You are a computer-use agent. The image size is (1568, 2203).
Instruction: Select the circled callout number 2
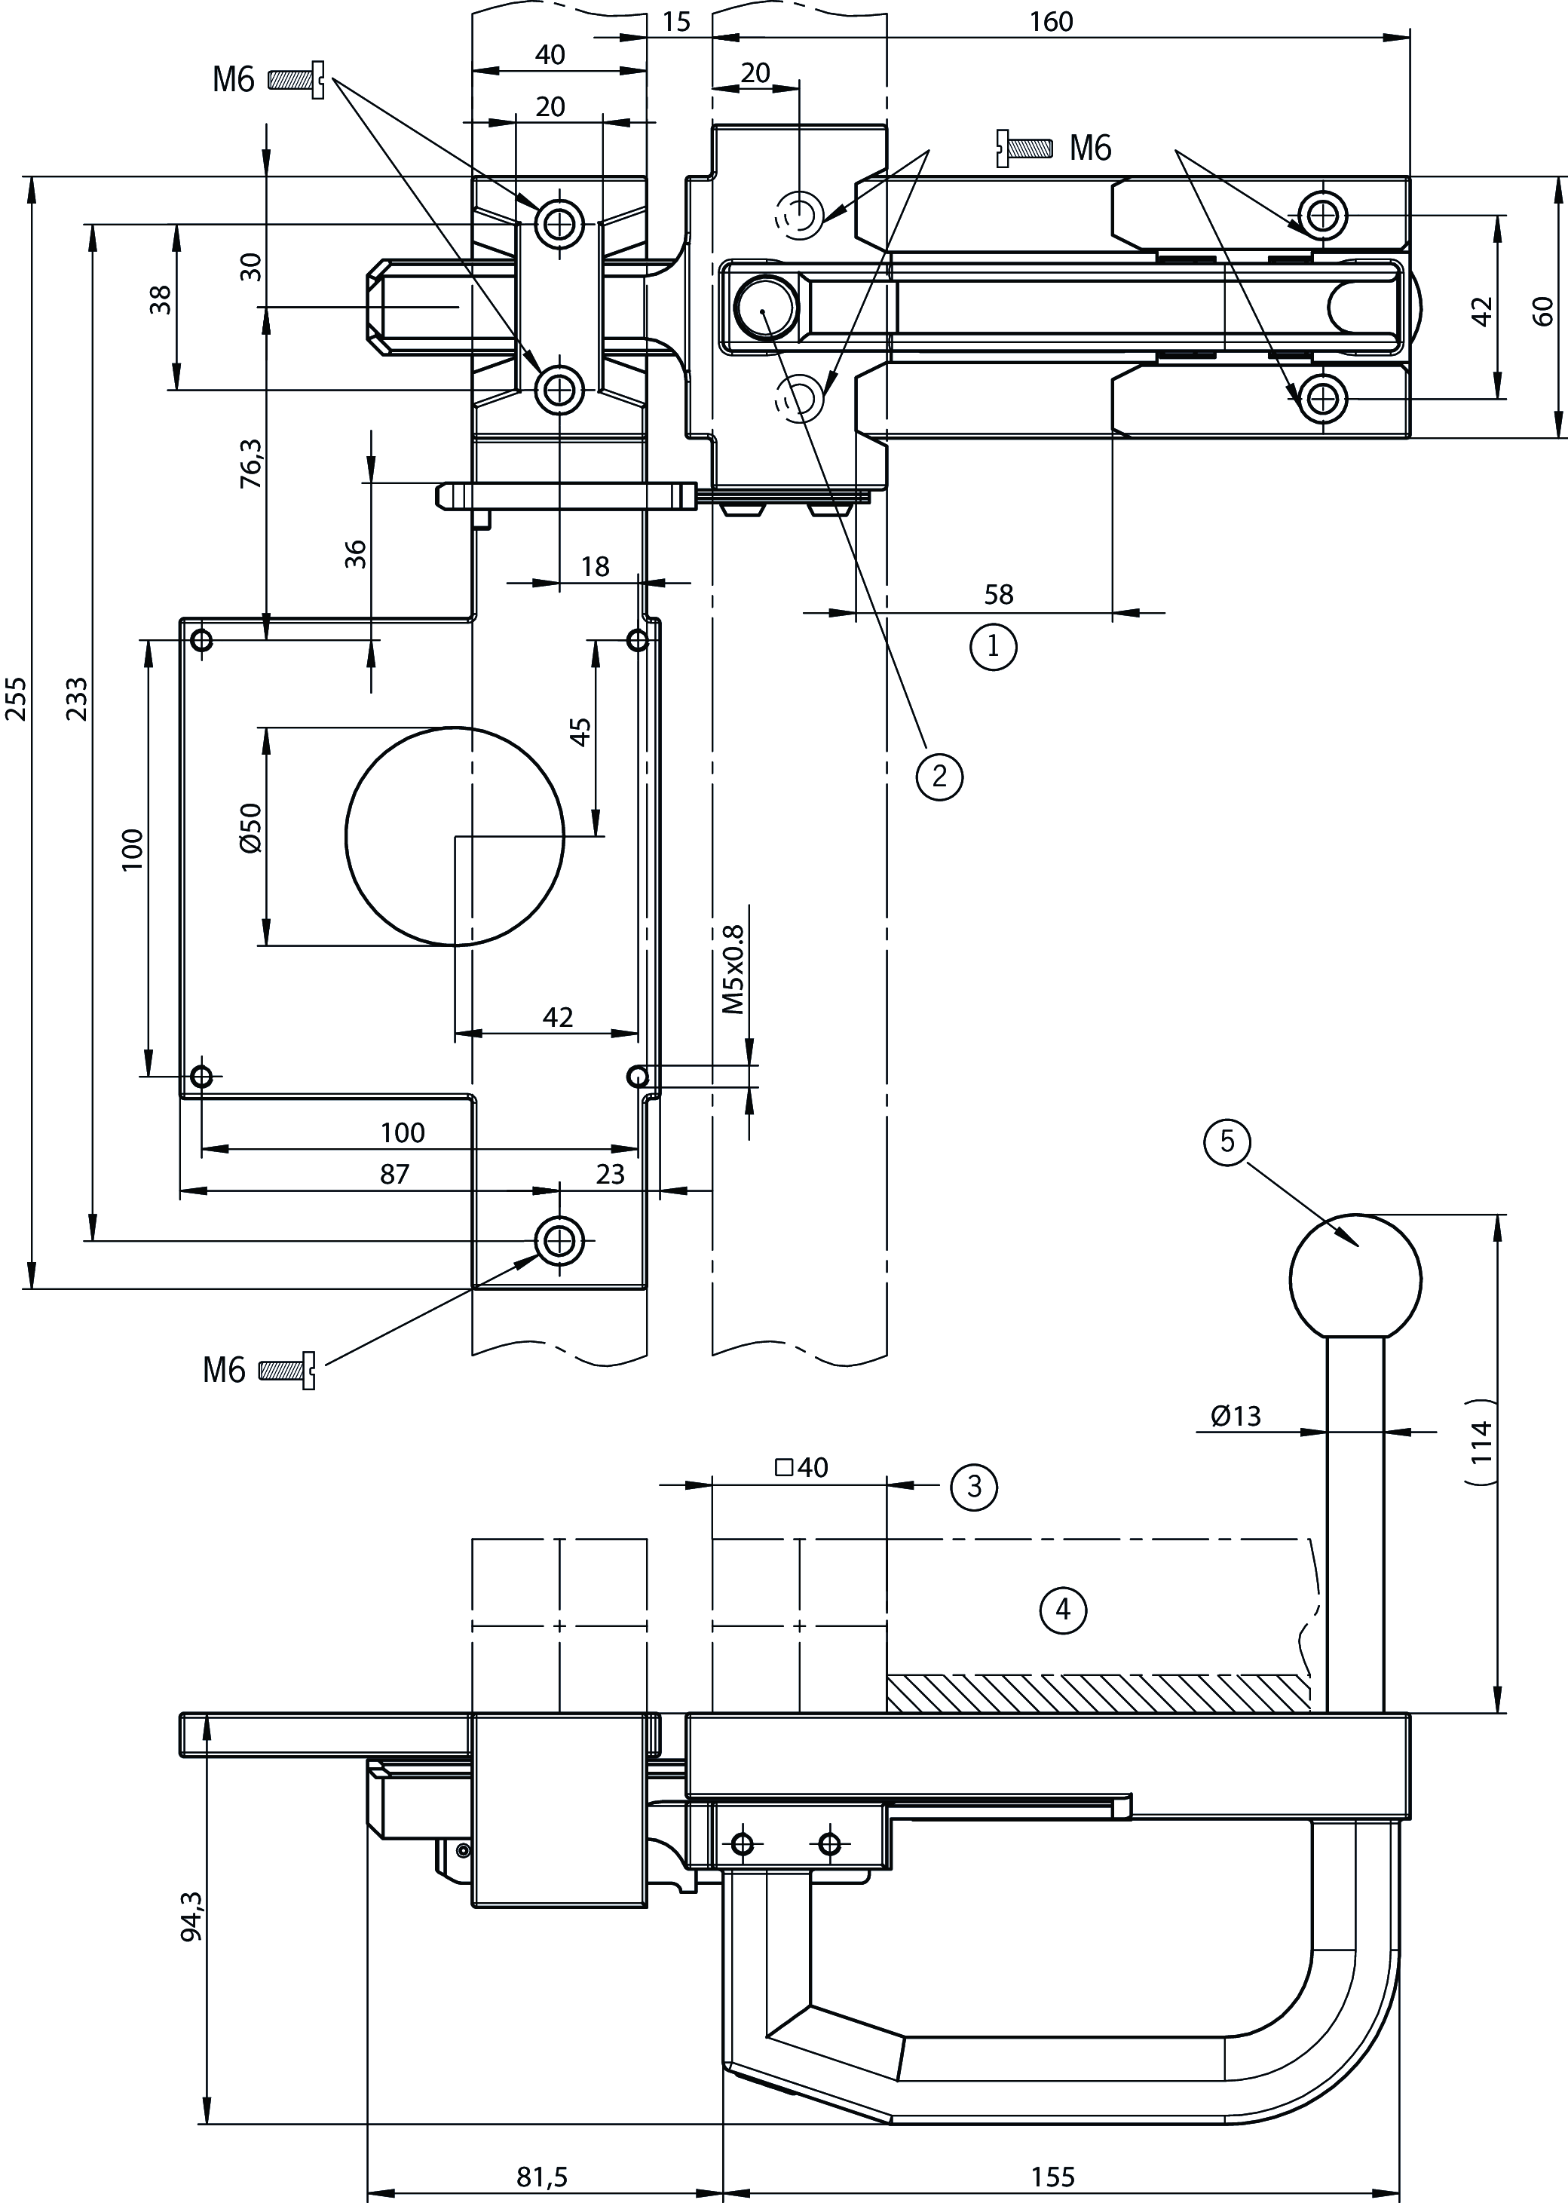[939, 775]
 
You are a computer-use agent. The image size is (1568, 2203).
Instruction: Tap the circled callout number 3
[973, 1486]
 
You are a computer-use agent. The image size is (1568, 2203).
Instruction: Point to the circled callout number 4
[1062, 1610]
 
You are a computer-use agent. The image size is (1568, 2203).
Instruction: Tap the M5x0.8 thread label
[733, 970]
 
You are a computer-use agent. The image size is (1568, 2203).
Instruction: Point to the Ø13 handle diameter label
[1236, 1416]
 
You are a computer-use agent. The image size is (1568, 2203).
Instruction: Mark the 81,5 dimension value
[543, 2176]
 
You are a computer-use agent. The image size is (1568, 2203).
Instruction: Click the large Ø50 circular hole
[455, 836]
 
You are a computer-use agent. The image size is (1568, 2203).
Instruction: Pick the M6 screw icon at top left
[296, 80]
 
